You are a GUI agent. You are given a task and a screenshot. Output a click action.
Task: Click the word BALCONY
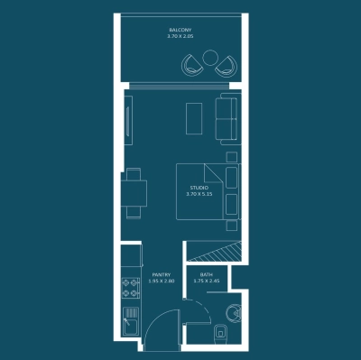coord(180,30)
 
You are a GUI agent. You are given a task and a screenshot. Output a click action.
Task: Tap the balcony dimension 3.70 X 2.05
coord(180,37)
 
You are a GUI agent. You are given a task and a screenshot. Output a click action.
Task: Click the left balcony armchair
coord(193,65)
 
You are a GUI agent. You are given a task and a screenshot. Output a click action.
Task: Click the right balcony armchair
coord(226,65)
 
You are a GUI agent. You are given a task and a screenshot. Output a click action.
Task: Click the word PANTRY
coord(161,274)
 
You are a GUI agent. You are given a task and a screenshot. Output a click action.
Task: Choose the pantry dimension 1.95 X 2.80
coord(161,282)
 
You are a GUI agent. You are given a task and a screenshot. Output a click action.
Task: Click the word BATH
coord(207,274)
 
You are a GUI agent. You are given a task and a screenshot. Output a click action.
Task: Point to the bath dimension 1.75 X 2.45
coord(207,282)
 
